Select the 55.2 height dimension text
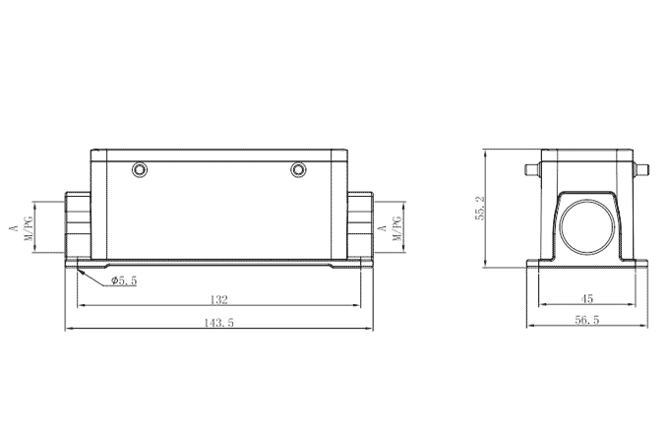point(478,209)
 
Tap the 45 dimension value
point(585,298)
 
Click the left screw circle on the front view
point(140,171)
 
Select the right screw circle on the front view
point(299,171)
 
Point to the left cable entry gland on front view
point(76,223)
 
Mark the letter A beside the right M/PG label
point(382,227)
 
